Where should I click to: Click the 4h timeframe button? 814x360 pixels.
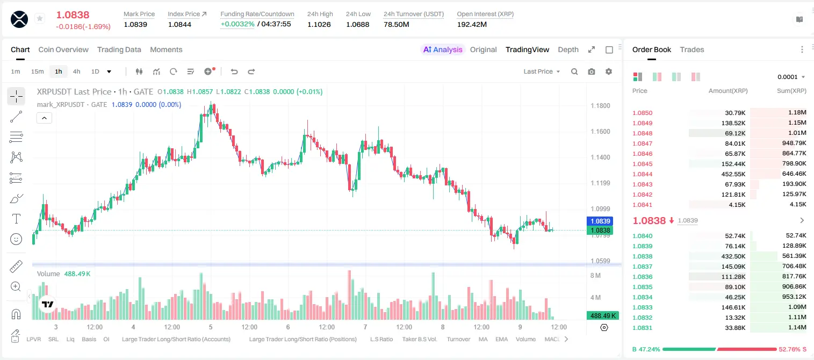click(x=76, y=71)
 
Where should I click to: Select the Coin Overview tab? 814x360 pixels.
click(x=63, y=49)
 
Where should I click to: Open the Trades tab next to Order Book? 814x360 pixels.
click(x=692, y=49)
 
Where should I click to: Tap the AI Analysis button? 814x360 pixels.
click(x=443, y=49)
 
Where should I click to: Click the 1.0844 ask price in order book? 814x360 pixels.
click(x=643, y=174)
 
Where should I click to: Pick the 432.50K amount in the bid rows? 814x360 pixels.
click(x=733, y=256)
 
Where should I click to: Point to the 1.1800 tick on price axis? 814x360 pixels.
click(x=600, y=106)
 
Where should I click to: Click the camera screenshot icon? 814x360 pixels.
click(x=592, y=71)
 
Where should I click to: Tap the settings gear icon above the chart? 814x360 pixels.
click(x=609, y=71)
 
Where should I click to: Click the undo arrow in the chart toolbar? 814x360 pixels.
click(x=234, y=71)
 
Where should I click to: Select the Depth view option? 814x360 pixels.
click(x=568, y=49)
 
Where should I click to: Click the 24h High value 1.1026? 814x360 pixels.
click(x=319, y=24)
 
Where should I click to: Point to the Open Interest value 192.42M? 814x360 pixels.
click(x=472, y=24)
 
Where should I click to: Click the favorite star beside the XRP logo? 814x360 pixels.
click(x=40, y=18)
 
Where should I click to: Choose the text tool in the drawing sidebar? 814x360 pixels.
click(x=16, y=219)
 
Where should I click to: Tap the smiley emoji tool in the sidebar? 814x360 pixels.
click(x=16, y=239)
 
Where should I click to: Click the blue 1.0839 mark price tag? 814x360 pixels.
click(x=600, y=221)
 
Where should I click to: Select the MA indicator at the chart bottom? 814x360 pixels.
click(x=483, y=339)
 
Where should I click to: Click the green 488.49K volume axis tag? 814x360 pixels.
click(x=603, y=316)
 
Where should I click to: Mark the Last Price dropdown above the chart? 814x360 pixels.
click(x=542, y=71)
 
